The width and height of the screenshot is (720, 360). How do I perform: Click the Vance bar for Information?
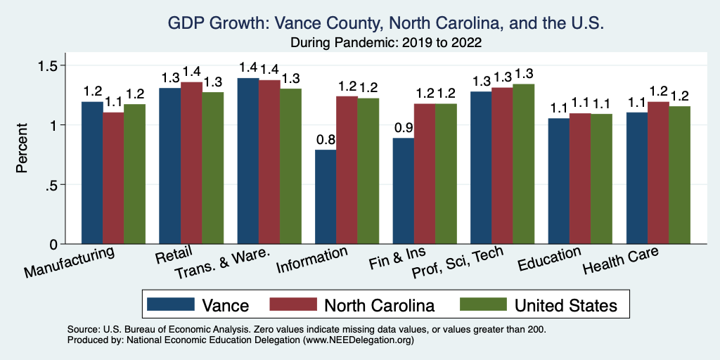tap(326, 197)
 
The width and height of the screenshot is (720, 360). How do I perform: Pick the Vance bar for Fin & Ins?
tap(403, 191)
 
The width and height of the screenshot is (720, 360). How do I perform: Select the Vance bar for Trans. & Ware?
tap(247, 161)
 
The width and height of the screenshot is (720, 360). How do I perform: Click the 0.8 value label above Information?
tap(326, 139)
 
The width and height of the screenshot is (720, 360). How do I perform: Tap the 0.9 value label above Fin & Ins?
tap(403, 127)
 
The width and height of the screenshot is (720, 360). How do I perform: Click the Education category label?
tap(549, 259)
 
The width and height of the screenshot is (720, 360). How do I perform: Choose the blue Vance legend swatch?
tap(171, 304)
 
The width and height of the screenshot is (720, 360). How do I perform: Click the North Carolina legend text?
tap(379, 305)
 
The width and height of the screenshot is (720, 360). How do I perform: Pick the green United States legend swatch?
tap(483, 304)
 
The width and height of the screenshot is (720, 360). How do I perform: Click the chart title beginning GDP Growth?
tap(386, 23)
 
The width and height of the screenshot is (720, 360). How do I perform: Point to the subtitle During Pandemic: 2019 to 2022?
tap(386, 42)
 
